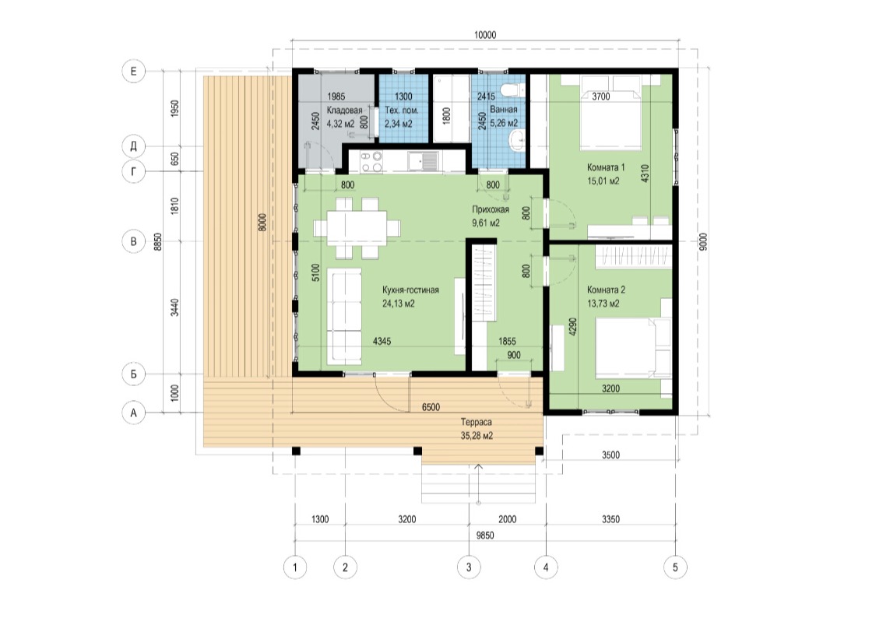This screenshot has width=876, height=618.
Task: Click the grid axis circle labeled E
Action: (x=133, y=72)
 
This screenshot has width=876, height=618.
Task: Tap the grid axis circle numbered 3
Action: (x=468, y=567)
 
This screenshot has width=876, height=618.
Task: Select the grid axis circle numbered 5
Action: (x=675, y=567)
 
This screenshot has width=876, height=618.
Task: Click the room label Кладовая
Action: (x=344, y=110)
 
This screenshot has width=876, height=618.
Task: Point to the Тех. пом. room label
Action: (x=401, y=110)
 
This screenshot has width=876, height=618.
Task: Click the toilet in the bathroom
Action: (x=512, y=90)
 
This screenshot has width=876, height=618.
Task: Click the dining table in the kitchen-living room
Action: (x=357, y=228)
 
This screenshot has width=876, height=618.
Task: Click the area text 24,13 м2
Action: (x=399, y=304)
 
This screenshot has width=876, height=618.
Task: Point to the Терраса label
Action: (x=476, y=422)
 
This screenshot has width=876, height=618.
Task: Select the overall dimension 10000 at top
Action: (x=485, y=35)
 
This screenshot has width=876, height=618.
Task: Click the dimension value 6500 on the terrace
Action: (x=431, y=408)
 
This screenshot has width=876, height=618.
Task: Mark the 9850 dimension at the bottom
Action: (x=485, y=535)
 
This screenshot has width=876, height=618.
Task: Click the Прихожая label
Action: (x=491, y=210)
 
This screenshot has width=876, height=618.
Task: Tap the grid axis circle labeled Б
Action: (x=133, y=374)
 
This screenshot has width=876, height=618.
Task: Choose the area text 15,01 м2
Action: (x=603, y=181)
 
